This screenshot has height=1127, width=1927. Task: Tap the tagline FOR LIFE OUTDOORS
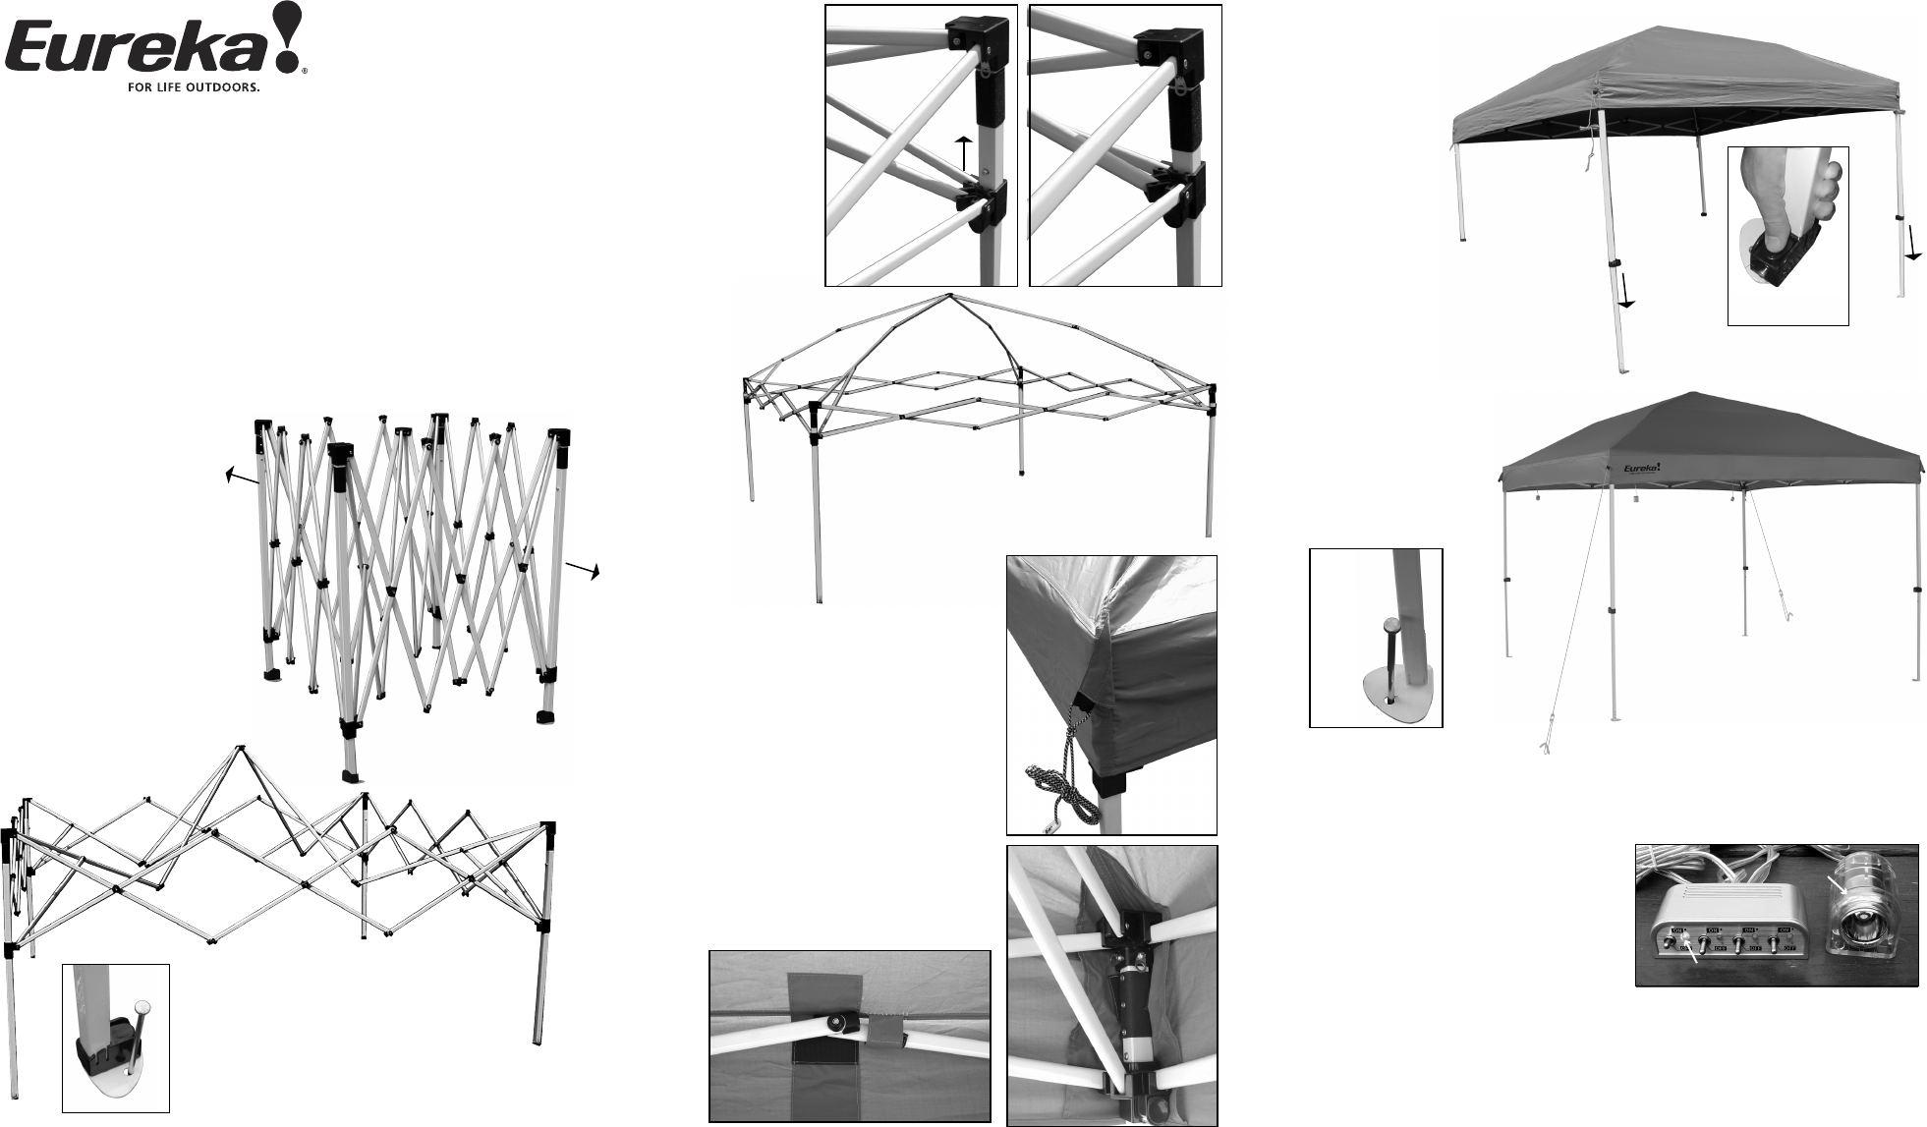click(x=193, y=86)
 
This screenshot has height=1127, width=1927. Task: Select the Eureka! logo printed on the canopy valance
click(x=1641, y=469)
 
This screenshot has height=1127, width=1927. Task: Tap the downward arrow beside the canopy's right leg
click(x=1912, y=241)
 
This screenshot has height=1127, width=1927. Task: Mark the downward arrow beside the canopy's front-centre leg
click(x=1626, y=293)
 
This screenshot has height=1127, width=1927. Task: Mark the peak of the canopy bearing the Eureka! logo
click(x=1688, y=394)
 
